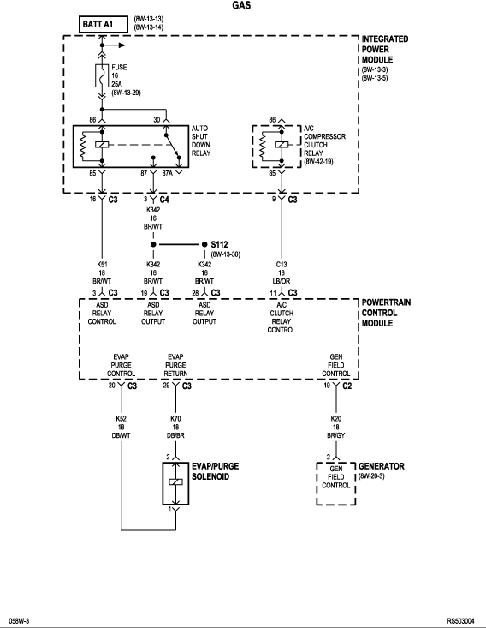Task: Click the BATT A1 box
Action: pyautogui.click(x=104, y=24)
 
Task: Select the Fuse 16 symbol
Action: pyautogui.click(x=102, y=75)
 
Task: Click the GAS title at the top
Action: pyautogui.click(x=241, y=5)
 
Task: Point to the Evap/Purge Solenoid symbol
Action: pyautogui.click(x=175, y=483)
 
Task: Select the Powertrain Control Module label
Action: pyautogui.click(x=386, y=313)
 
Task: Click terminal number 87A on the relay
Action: pyautogui.click(x=168, y=173)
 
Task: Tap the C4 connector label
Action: pyautogui.click(x=164, y=200)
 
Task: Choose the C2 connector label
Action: pyautogui.click(x=347, y=386)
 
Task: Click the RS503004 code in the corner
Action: pyautogui.click(x=461, y=621)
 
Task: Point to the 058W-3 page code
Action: pyautogui.click(x=19, y=621)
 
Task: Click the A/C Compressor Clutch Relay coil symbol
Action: pyautogui.click(x=282, y=145)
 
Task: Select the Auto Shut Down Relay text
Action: pyautogui.click(x=201, y=141)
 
